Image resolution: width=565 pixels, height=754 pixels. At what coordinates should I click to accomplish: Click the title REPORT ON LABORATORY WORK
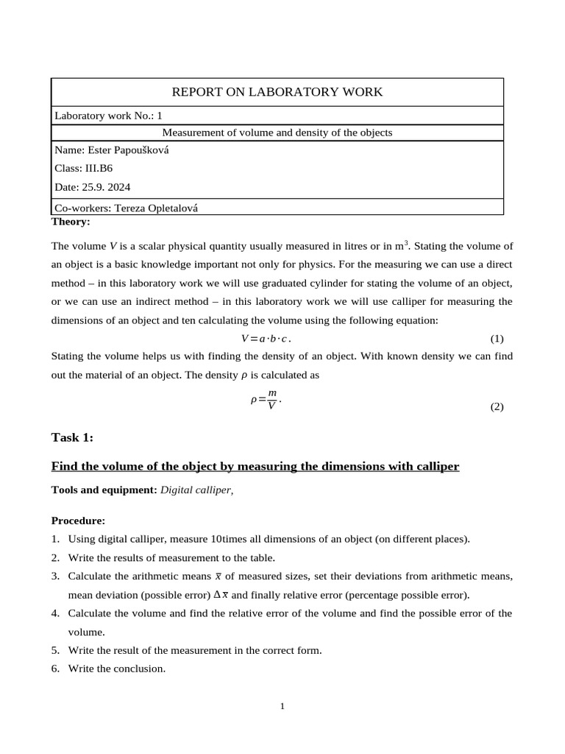(277, 92)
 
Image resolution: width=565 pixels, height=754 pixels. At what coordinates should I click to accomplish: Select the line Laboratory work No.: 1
(108, 116)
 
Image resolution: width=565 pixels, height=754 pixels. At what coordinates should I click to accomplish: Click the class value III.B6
(99, 169)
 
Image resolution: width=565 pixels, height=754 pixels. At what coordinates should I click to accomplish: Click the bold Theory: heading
(71, 222)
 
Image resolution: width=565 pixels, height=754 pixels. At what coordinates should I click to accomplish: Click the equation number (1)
(497, 339)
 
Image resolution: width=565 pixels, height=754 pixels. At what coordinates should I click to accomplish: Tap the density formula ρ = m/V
(266, 400)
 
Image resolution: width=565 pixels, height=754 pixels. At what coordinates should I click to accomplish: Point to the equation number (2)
(497, 406)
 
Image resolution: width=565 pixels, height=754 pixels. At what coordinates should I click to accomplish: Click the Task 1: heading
(72, 437)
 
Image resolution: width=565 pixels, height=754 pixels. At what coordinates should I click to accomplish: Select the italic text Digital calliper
(196, 490)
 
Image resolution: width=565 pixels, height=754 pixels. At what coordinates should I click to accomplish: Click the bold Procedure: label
(78, 521)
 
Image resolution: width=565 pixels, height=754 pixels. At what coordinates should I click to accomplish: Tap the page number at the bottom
(282, 706)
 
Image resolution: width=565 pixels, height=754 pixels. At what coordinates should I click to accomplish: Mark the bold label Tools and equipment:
(104, 490)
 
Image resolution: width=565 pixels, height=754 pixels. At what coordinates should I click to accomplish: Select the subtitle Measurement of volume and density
(277, 133)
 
